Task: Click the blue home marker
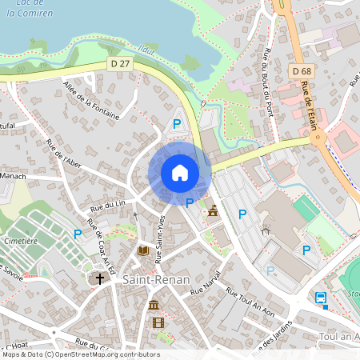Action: click(180, 172)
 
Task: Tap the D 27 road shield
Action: click(120, 62)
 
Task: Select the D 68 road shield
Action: click(302, 72)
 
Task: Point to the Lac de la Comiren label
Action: click(28, 8)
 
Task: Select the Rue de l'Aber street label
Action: click(65, 155)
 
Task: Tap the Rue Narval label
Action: click(206, 286)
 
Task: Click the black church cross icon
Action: click(100, 278)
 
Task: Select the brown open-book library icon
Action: click(142, 250)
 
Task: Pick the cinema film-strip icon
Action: click(158, 323)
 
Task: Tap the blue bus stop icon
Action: click(321, 298)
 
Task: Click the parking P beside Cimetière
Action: click(78, 234)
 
